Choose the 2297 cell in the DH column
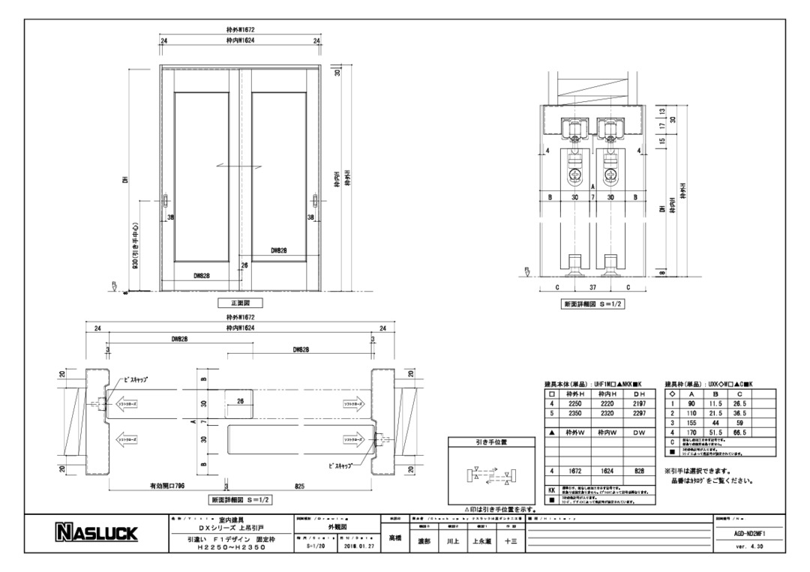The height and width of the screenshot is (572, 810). coord(639,413)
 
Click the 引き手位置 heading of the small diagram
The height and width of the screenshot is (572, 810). coord(490,442)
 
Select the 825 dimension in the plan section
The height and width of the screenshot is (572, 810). coord(299,486)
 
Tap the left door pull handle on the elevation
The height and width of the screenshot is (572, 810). coord(166,203)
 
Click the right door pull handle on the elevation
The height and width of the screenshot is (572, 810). coord(313,203)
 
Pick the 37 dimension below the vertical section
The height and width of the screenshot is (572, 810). coord(592,286)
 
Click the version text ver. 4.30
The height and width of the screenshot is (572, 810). coord(749,547)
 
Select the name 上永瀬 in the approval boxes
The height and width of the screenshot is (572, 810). coord(480,539)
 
